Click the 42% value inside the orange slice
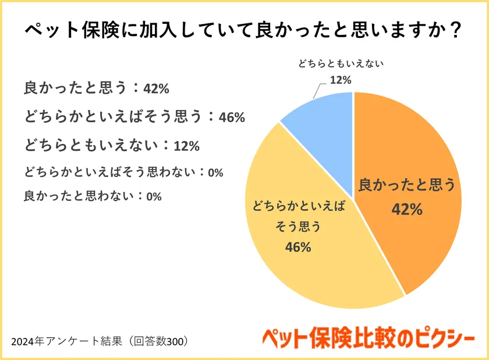[407, 209]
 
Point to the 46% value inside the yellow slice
[298, 247]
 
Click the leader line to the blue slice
[317, 91]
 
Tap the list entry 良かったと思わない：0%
[93, 196]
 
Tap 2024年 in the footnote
[26, 341]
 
